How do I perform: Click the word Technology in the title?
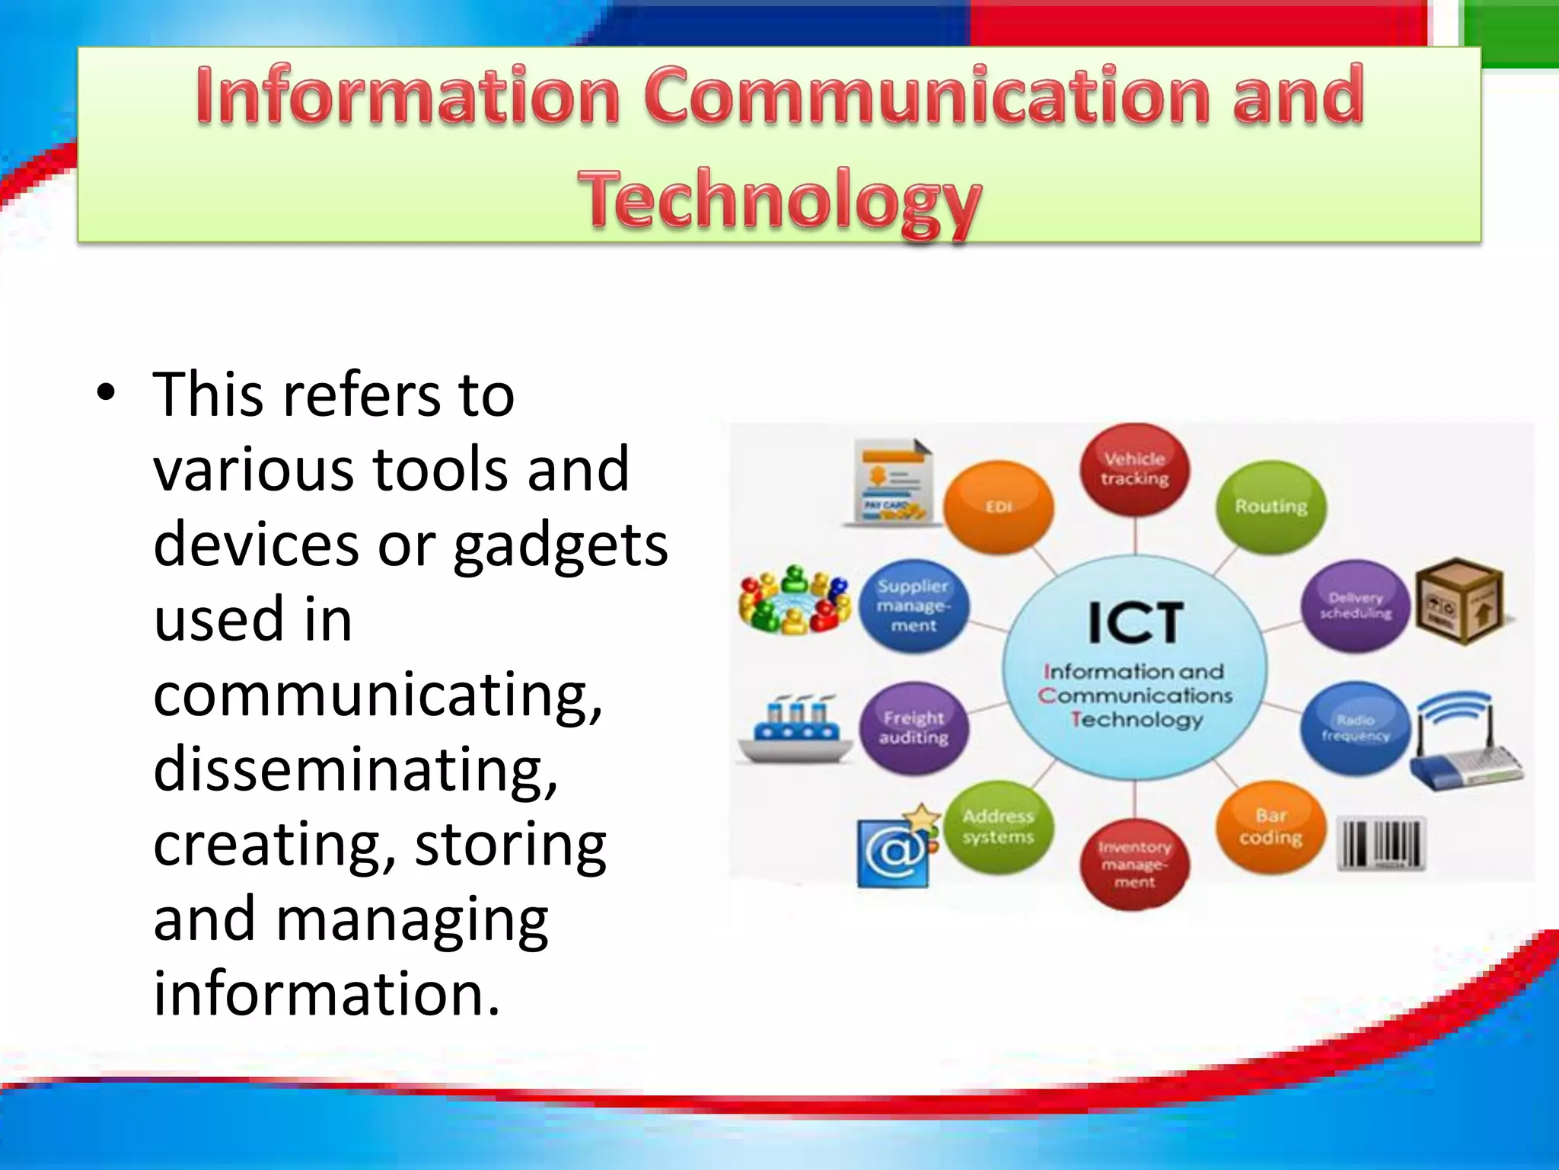pyautogui.click(x=779, y=200)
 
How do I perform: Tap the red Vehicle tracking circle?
pyautogui.click(x=1134, y=469)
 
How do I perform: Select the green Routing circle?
pyautogui.click(x=1270, y=507)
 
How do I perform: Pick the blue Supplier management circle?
pyautogui.click(x=913, y=606)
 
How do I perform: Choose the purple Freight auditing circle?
pyautogui.click(x=913, y=727)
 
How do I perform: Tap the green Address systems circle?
pyautogui.click(x=998, y=826)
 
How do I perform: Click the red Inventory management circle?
pyautogui.click(x=1134, y=864)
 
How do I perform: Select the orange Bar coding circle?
pyautogui.click(x=1270, y=826)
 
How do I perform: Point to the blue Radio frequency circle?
pyautogui.click(x=1356, y=727)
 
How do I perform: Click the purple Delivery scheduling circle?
pyautogui.click(x=1356, y=606)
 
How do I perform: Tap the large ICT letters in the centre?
pyautogui.click(x=1135, y=623)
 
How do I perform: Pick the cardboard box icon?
pyautogui.click(x=1460, y=601)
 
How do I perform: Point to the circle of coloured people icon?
pyautogui.click(x=795, y=602)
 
